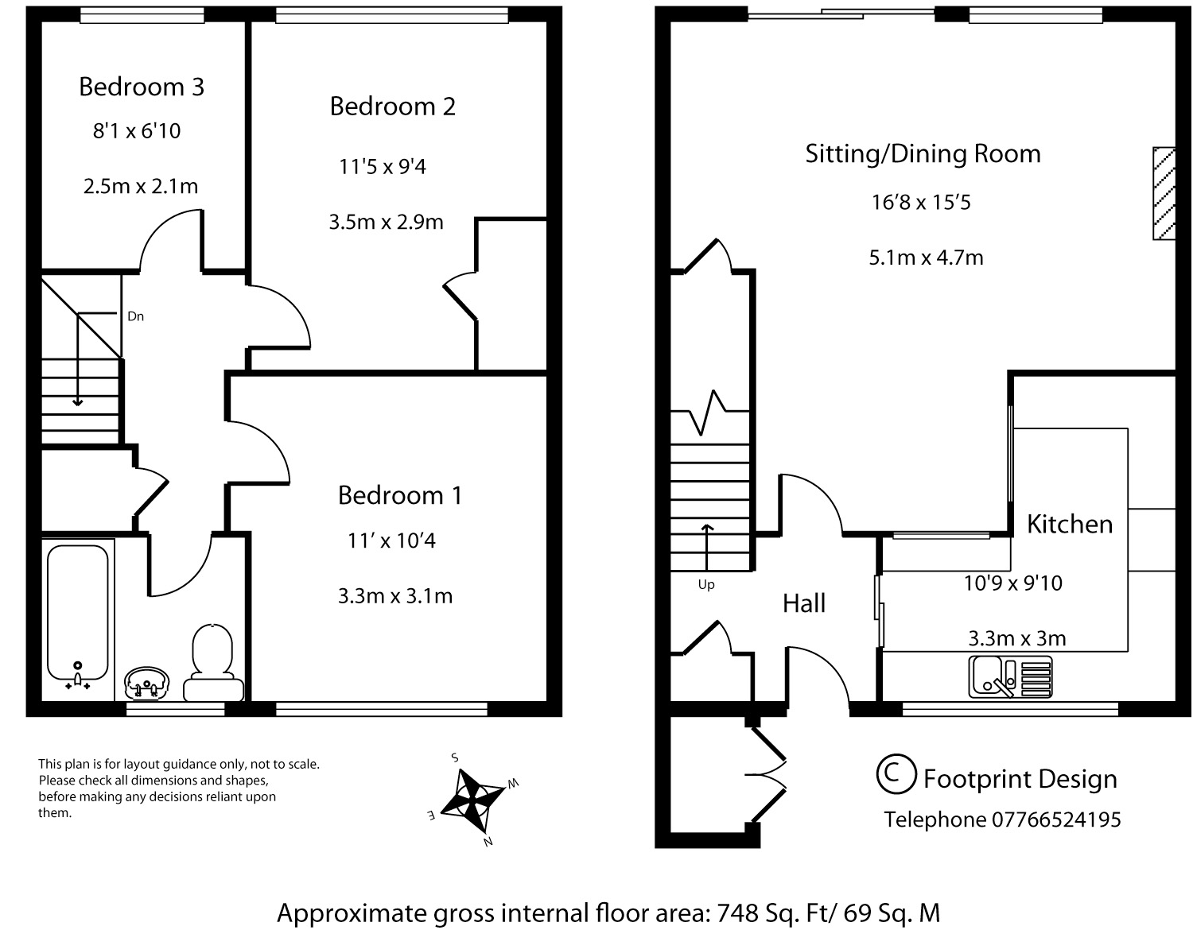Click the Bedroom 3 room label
coord(142,87)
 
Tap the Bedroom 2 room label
coord(393,107)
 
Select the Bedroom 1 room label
coord(399,495)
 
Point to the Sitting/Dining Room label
coord(923,153)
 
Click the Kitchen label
coord(1070,524)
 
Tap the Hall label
coord(804,603)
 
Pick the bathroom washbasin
coord(146,682)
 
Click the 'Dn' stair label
coord(135,316)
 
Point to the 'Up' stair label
coord(706,585)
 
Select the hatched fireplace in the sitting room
coord(1164,193)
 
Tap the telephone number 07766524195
coord(1056,820)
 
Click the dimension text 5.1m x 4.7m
coord(926,258)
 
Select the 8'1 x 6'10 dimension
coord(137,130)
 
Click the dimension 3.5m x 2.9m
coord(386,222)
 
